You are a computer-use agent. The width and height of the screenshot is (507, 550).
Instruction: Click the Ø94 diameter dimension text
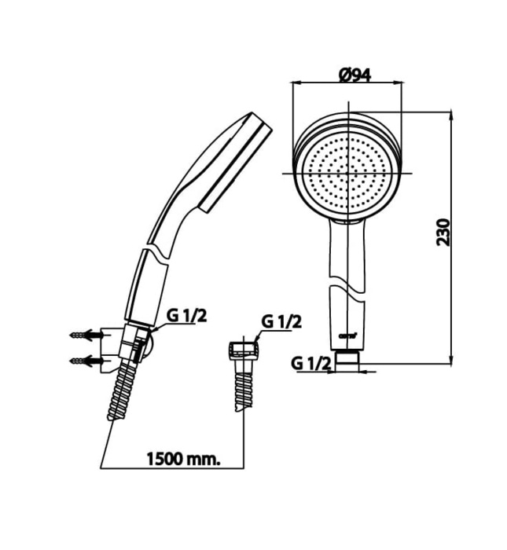355,75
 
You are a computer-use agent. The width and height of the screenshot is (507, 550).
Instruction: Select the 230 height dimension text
445,233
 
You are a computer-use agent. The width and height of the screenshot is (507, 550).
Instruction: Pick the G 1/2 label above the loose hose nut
281,321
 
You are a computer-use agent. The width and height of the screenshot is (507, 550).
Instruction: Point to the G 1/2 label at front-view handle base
309,363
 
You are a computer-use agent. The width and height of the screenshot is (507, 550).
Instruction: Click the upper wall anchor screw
86,335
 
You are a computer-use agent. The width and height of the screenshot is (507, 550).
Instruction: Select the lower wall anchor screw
86,361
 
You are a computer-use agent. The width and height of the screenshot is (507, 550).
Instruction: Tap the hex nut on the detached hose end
242,350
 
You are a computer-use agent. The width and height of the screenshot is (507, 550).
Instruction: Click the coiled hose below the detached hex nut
243,387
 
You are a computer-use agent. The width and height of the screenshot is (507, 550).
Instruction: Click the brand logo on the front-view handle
347,335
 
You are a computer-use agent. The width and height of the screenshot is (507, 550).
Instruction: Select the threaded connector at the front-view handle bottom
347,358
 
